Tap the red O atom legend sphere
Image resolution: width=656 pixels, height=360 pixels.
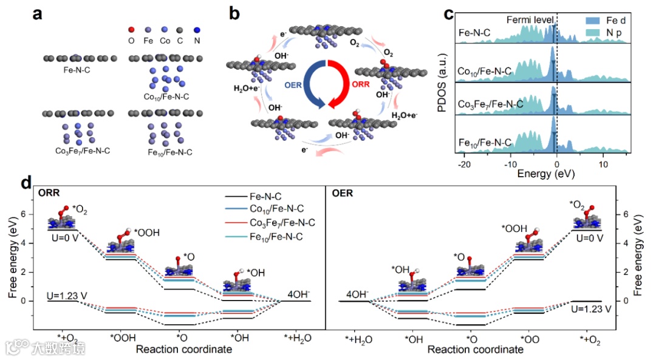click(x=131, y=30)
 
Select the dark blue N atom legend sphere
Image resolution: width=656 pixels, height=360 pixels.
click(x=196, y=30)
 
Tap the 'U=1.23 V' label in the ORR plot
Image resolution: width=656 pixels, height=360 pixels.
click(x=67, y=295)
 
